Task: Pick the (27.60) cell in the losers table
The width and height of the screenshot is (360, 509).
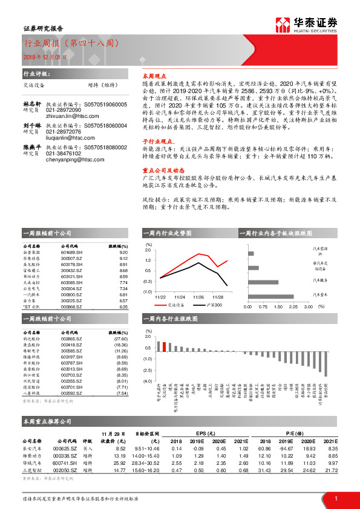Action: [122, 339]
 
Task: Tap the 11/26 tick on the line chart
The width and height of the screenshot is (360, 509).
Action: [198, 297]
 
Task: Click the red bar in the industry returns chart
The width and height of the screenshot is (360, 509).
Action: [163, 346]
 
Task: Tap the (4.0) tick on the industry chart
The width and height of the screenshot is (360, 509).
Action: [147, 381]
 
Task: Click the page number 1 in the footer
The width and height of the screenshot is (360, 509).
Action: [335, 498]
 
